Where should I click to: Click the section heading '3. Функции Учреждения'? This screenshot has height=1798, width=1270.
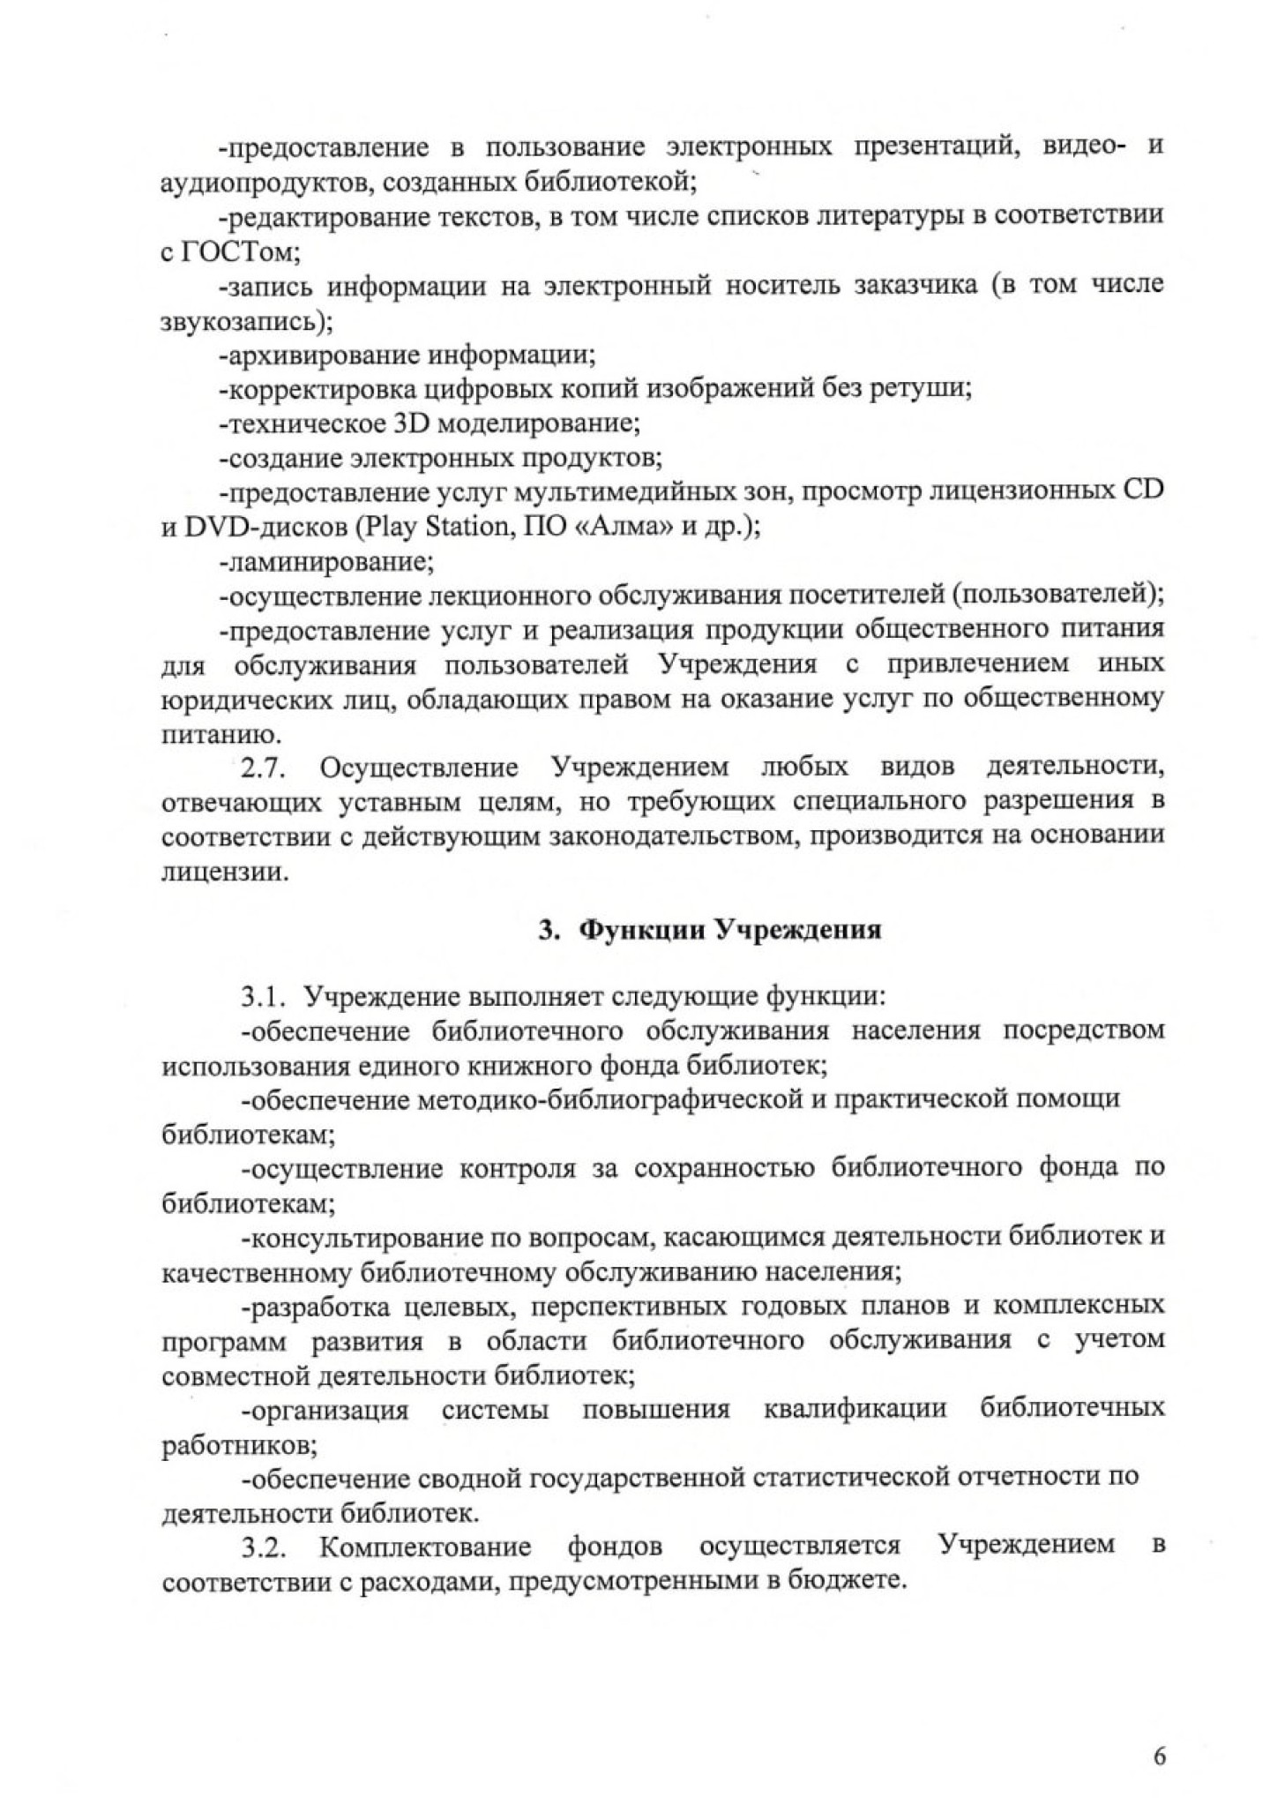pos(710,932)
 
